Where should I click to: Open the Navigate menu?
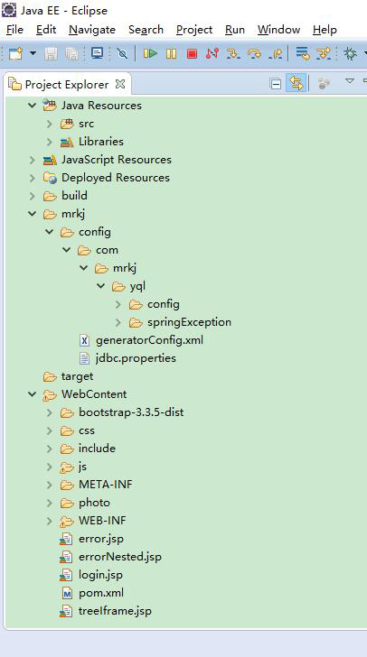coord(92,30)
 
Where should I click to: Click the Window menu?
coord(278,30)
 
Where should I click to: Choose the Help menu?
coord(325,30)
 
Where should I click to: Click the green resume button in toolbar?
coord(150,53)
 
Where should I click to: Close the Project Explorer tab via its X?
coord(120,84)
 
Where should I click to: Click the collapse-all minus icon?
coord(276,84)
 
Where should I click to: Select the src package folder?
coord(86,124)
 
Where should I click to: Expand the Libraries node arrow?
coord(50,142)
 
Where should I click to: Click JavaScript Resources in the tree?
coord(117,160)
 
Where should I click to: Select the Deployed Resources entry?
coord(116,178)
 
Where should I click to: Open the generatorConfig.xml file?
coord(149,340)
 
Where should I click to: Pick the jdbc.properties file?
coord(136,358)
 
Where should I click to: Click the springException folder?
coord(189,322)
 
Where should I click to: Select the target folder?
coord(77,376)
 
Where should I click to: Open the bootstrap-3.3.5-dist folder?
coord(131,412)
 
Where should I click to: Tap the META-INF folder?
coord(106,485)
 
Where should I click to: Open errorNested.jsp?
coord(120,557)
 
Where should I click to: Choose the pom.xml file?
coord(101,593)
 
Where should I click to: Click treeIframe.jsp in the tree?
coord(115,611)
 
